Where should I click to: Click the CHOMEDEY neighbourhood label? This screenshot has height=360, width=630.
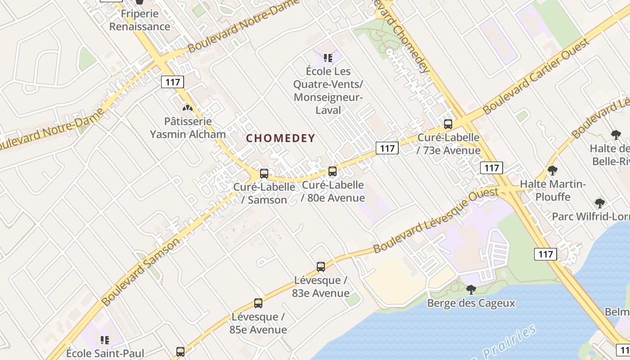[x=281, y=138]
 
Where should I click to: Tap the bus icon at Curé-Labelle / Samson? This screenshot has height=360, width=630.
[x=264, y=173]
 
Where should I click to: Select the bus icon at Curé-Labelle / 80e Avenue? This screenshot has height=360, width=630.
[x=333, y=171]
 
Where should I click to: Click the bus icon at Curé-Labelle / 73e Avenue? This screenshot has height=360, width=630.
[x=448, y=124]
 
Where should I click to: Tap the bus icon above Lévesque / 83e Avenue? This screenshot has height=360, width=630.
[x=321, y=266]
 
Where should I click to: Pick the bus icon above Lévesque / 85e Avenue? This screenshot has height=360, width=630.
[x=258, y=303]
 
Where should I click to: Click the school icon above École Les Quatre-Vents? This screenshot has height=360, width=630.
[x=328, y=58]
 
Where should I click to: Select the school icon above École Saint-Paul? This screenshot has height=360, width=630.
[x=105, y=340]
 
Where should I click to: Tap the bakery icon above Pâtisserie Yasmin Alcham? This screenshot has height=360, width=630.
[x=187, y=108]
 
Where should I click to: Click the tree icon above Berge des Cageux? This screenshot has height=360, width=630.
[x=471, y=289]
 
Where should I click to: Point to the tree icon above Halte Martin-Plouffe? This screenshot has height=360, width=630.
[x=553, y=171]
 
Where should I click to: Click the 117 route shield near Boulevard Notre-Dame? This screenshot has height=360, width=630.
[x=172, y=82]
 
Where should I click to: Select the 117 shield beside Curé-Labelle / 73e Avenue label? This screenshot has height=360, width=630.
[x=387, y=148]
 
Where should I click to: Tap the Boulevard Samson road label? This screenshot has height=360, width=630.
[x=141, y=272]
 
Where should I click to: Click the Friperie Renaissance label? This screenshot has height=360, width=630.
[x=140, y=20]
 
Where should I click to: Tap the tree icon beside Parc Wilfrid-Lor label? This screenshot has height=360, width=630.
[x=599, y=203]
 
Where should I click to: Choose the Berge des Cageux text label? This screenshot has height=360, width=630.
[x=471, y=303]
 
